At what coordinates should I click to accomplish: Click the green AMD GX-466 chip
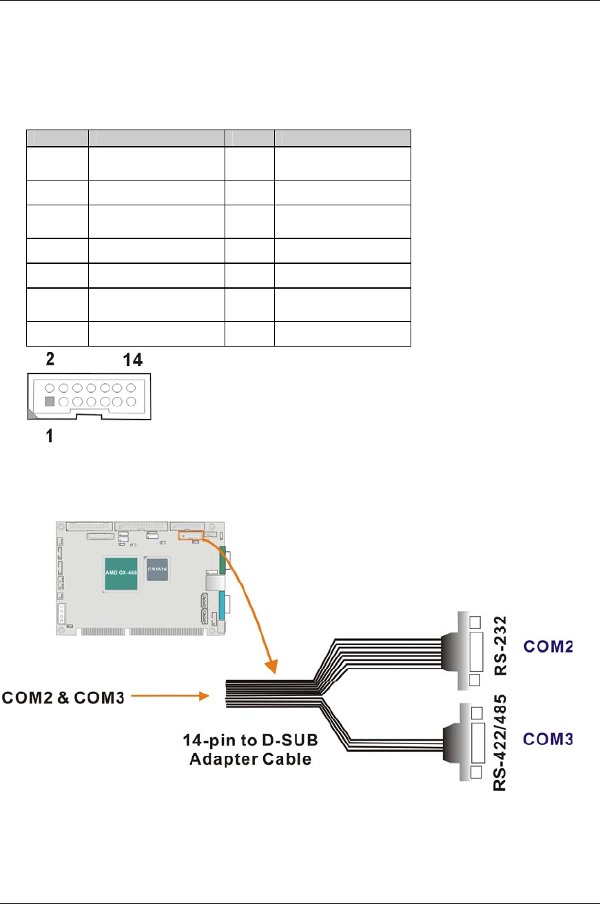pyautogui.click(x=122, y=573)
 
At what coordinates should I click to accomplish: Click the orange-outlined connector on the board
pyautogui.click(x=190, y=535)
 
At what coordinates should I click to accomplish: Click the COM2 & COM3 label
pyautogui.click(x=64, y=699)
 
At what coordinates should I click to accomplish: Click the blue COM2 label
pyautogui.click(x=548, y=648)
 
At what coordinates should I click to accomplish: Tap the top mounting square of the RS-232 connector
pyautogui.click(x=475, y=622)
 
